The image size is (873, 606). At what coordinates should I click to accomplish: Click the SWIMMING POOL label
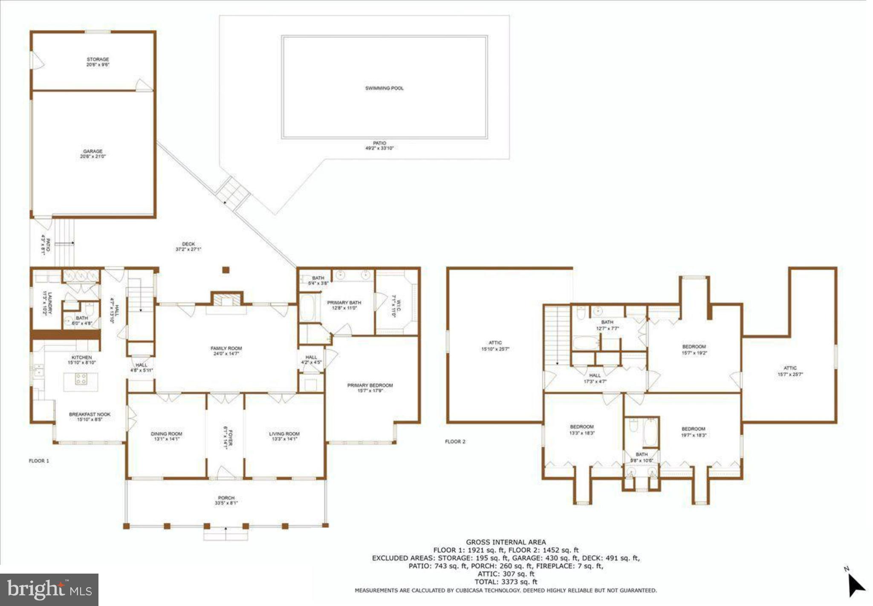(x=384, y=88)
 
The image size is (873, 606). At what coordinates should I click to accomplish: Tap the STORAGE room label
(x=98, y=59)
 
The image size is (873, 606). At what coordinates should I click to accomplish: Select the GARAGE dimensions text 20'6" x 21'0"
(x=93, y=157)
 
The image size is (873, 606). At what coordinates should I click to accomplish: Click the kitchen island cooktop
(x=81, y=379)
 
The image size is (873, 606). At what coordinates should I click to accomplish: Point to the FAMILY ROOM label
(x=226, y=348)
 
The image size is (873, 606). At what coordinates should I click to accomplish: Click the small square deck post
(x=226, y=270)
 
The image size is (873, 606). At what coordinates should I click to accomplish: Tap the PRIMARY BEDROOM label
(x=370, y=385)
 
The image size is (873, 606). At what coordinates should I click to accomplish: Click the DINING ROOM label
(x=166, y=434)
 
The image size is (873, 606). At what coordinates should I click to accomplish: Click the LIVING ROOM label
(x=284, y=434)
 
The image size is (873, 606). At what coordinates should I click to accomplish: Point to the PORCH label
(x=226, y=498)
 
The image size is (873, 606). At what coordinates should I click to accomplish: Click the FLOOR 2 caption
(x=455, y=441)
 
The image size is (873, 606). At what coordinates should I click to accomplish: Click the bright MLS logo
(x=49, y=590)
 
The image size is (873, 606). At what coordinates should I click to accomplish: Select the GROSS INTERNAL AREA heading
(x=506, y=542)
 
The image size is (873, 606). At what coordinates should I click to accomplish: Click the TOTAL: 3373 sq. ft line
(x=506, y=582)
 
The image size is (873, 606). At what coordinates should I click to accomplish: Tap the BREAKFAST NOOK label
(x=90, y=414)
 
